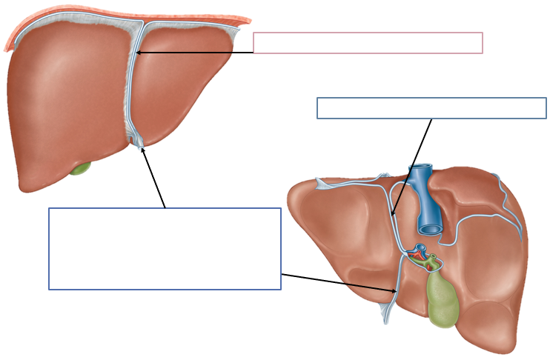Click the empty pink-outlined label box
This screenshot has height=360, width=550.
pos(368,43)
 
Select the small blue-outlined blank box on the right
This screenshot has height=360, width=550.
pos(431,108)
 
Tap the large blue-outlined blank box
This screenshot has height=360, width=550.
pos(165,248)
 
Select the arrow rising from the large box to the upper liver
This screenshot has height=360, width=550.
pos(154,178)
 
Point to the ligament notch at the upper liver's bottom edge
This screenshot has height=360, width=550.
pos(138,139)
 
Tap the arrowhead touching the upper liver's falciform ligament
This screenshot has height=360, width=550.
pos(139,53)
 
